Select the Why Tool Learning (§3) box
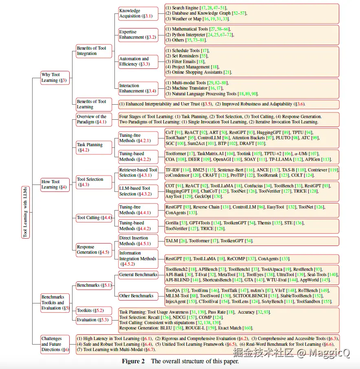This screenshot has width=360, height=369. pyautogui.click(x=55, y=77)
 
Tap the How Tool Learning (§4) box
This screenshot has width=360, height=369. pyautogui.click(x=55, y=184)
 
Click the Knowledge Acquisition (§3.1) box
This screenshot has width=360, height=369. pyautogui.click(x=138, y=13)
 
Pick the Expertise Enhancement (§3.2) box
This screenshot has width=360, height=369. pyautogui.click(x=138, y=35)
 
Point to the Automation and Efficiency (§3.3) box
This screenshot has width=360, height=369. pyautogui.click(x=138, y=62)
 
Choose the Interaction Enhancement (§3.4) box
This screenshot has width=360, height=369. pyautogui.click(x=138, y=88)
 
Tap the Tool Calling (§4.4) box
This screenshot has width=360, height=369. pyautogui.click(x=94, y=217)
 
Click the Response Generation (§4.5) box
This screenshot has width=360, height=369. pyautogui.click(x=93, y=250)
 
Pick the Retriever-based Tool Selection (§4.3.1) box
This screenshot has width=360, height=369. pyautogui.click(x=138, y=173)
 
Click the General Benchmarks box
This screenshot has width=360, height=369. pyautogui.click(x=138, y=275)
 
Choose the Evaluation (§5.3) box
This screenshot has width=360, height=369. pyautogui.click(x=92, y=320)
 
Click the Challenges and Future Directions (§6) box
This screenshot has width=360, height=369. pyautogui.click(x=55, y=344)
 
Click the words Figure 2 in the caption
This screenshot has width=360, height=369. pyautogui.click(x=133, y=361)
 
